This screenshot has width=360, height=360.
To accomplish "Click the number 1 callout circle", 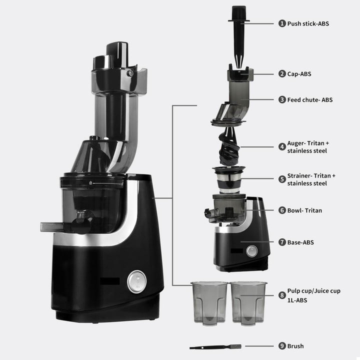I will click(x=282, y=23).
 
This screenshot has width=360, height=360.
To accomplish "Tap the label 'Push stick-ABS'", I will click(x=308, y=23).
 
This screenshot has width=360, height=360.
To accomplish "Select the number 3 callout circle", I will click(x=282, y=99).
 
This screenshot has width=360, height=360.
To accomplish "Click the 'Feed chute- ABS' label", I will click(x=309, y=99).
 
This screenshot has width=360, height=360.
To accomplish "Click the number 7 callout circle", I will click(x=282, y=242).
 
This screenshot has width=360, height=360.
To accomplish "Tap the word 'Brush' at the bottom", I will click(x=295, y=346).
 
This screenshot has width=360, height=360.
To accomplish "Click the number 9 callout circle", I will click(x=282, y=346).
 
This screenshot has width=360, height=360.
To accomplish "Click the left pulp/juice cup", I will click(x=209, y=302).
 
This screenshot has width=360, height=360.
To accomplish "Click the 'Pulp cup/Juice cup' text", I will click(x=313, y=291).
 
